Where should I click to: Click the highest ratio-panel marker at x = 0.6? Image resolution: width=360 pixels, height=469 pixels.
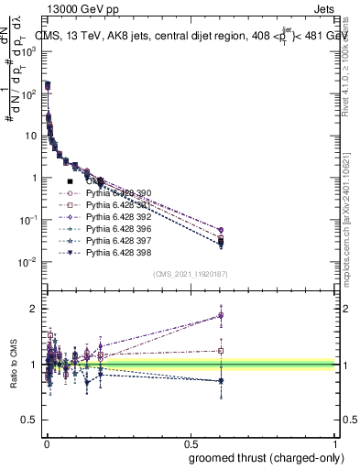coord(220,314)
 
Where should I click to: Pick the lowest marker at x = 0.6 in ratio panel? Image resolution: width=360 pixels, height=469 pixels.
coord(220,381)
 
